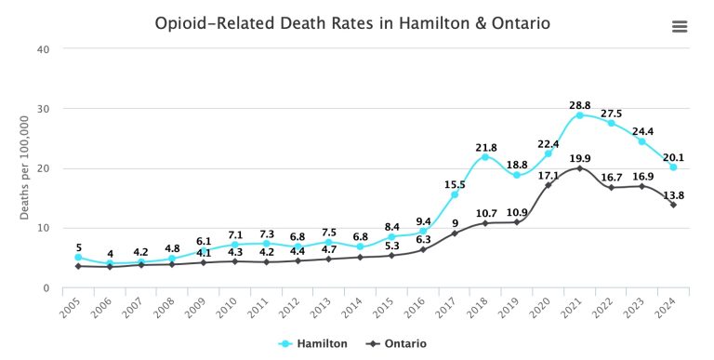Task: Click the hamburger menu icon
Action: click(679, 26)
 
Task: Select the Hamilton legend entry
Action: click(313, 343)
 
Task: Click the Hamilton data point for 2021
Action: click(579, 115)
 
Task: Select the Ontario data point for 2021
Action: click(579, 168)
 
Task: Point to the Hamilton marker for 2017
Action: click(455, 194)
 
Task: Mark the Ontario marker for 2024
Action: click(673, 205)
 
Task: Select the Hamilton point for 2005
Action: click(79, 258)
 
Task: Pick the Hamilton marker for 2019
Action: click(517, 175)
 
